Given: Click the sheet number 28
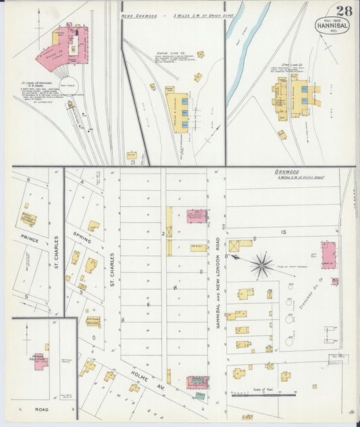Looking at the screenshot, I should pyautogui.click(x=344, y=10).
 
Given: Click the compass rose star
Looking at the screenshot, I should pyautogui.click(x=262, y=264).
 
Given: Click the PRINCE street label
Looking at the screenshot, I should pyautogui.click(x=29, y=238).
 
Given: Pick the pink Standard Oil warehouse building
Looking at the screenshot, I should pyautogui.click(x=328, y=255).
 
